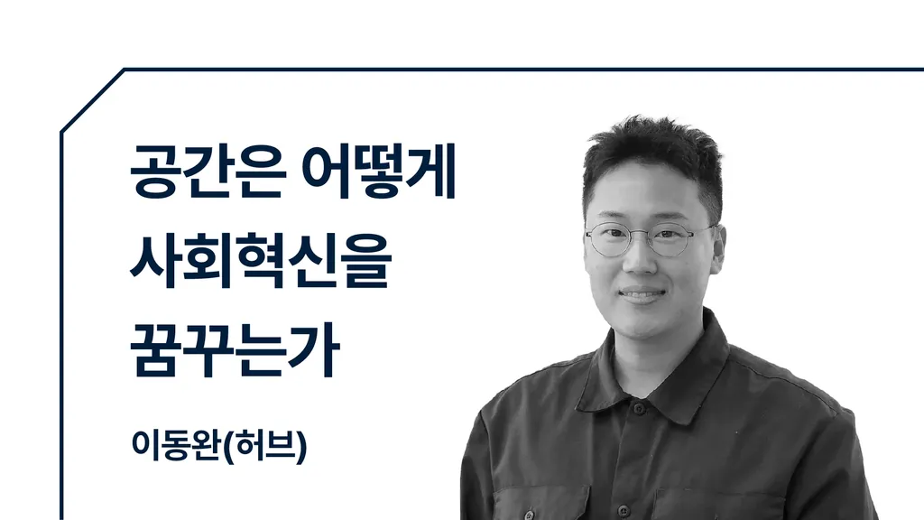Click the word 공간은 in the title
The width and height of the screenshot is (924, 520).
(x=208, y=171)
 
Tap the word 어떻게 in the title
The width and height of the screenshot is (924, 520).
(x=379, y=171)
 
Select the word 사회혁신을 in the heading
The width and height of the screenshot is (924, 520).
(x=261, y=261)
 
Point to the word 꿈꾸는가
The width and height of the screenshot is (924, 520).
(x=235, y=349)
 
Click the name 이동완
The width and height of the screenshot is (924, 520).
(x=177, y=445)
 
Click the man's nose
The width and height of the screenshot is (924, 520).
(x=640, y=260)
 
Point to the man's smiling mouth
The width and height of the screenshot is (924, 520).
(x=642, y=294)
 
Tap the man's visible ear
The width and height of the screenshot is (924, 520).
(x=718, y=248)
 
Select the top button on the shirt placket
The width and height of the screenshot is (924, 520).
(x=637, y=408)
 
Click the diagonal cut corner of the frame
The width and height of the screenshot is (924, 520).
(x=93, y=101)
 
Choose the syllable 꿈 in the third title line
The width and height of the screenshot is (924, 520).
(x=154, y=349)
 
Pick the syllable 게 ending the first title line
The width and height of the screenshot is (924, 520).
(x=431, y=171)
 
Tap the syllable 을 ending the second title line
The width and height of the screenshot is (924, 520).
(x=368, y=261)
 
